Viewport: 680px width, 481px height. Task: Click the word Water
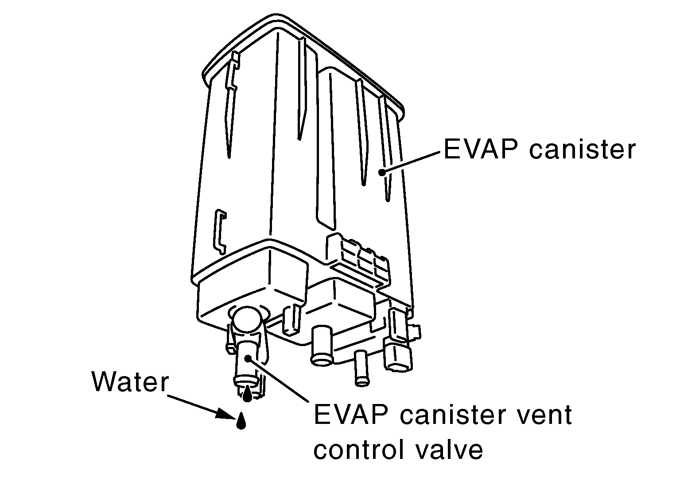130,381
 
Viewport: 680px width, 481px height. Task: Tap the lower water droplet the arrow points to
241,422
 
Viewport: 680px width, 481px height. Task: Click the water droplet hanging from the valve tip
248,393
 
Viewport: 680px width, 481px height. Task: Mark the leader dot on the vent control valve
249,358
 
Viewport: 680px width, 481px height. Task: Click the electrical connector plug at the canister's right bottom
399,350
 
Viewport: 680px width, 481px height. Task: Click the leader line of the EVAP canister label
412,162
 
